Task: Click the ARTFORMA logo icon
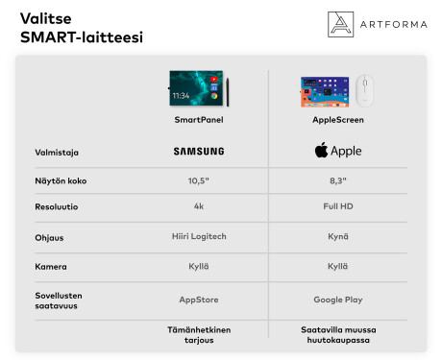pyautogui.click(x=341, y=25)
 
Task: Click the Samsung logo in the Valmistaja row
pyautogui.click(x=199, y=151)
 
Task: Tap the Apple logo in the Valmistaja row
pyautogui.click(x=337, y=151)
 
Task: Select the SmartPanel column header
pyautogui.click(x=199, y=120)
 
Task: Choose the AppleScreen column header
pyautogui.click(x=337, y=120)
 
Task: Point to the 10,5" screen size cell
pyautogui.click(x=199, y=180)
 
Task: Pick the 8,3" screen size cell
pyautogui.click(x=337, y=180)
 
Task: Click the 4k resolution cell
pyautogui.click(x=199, y=206)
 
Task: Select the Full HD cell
pyautogui.click(x=337, y=206)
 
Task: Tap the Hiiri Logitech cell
pyautogui.click(x=199, y=236)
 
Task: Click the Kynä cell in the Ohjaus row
pyautogui.click(x=337, y=236)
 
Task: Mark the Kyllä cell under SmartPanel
pyautogui.click(x=199, y=266)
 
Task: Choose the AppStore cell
pyautogui.click(x=199, y=300)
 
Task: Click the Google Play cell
pyautogui.click(x=337, y=300)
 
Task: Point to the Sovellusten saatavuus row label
pyautogui.click(x=57, y=300)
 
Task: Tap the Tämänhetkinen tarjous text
pyautogui.click(x=199, y=333)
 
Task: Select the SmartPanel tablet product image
pyautogui.click(x=197, y=87)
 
